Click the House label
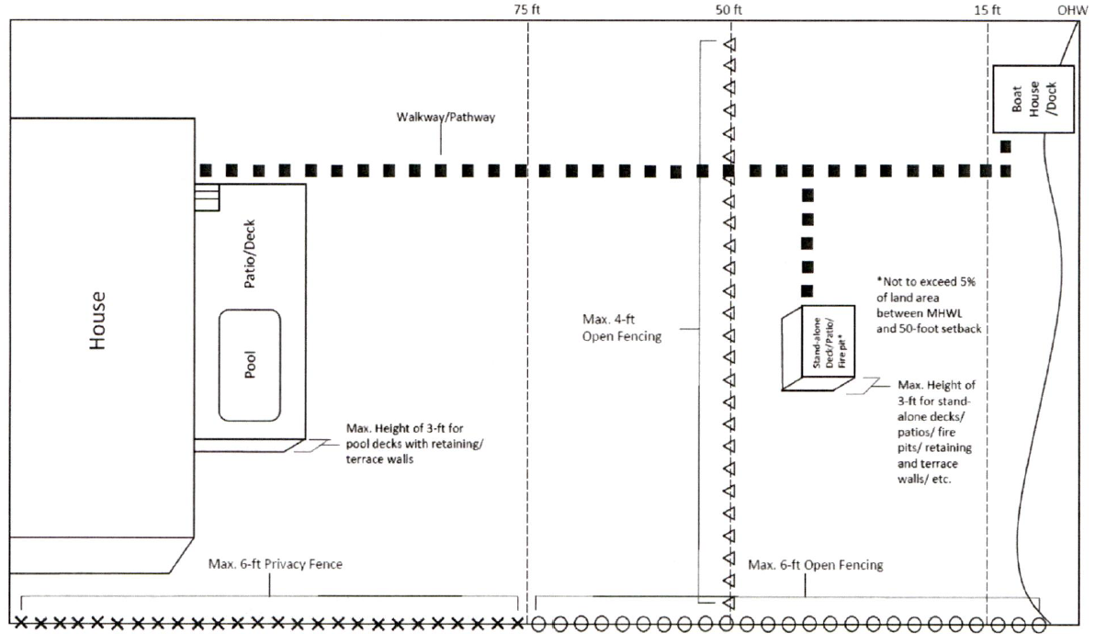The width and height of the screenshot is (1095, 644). pos(97,321)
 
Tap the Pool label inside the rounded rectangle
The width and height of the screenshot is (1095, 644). pos(249,365)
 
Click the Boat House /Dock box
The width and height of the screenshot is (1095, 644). pos(1033,99)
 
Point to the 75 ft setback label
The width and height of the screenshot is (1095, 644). pos(527,10)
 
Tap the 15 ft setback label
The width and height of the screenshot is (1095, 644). pos(988,10)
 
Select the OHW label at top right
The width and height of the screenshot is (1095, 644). pos(1070,10)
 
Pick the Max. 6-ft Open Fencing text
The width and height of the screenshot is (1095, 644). pos(815,565)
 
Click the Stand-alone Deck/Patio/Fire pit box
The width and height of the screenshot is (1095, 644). pos(818,348)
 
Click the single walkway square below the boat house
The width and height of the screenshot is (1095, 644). pos(1006,146)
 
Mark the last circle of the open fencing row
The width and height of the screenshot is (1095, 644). pos(1038,625)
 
